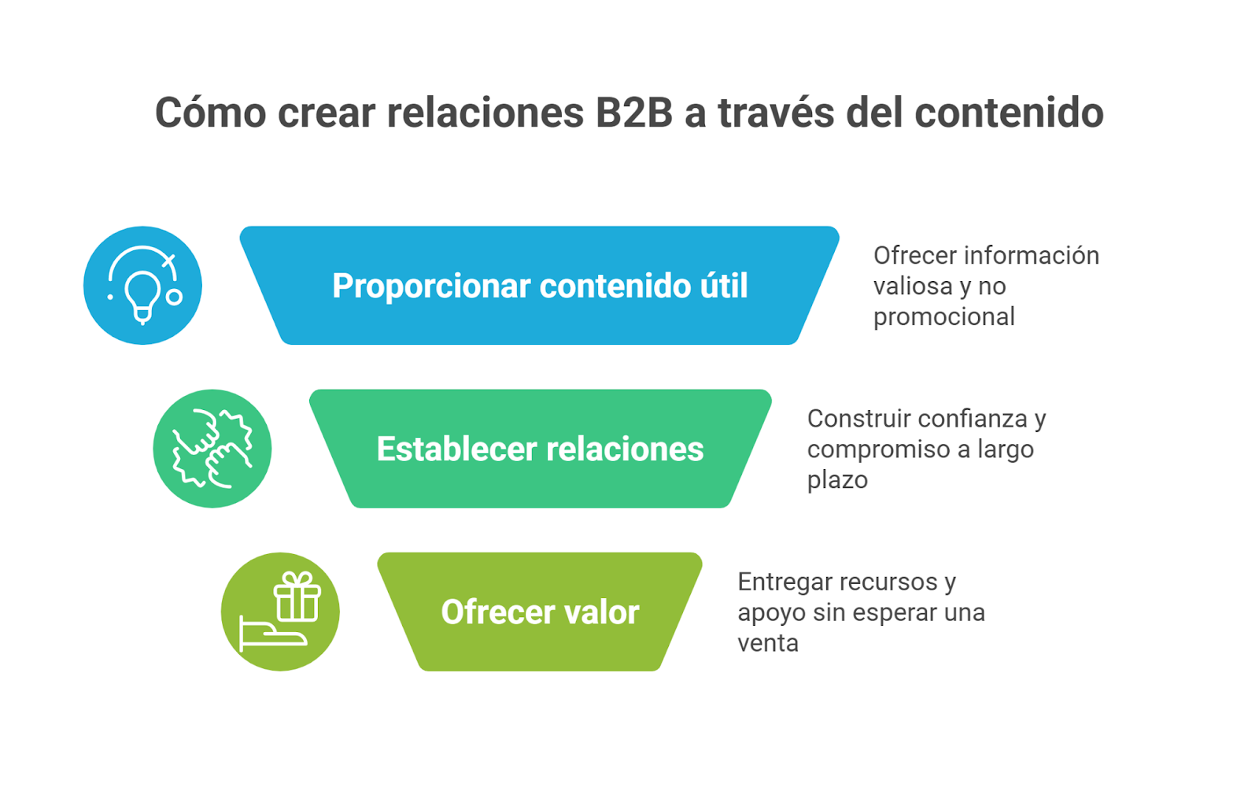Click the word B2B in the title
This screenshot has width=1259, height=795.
pos(634,113)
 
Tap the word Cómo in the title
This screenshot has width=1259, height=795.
pos(210,113)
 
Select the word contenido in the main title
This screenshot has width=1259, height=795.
pos(1009,113)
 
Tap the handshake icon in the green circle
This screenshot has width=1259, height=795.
pos(212,449)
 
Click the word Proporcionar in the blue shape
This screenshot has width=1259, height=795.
pos(431,287)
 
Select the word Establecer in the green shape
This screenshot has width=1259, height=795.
pos(457,449)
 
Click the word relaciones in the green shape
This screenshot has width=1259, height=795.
pos(625,449)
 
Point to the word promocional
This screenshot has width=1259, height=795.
pos(943,317)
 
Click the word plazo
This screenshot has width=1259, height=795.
pos(837,480)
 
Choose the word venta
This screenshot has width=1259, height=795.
pos(768,643)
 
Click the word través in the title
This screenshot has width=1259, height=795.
pos(776,113)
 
